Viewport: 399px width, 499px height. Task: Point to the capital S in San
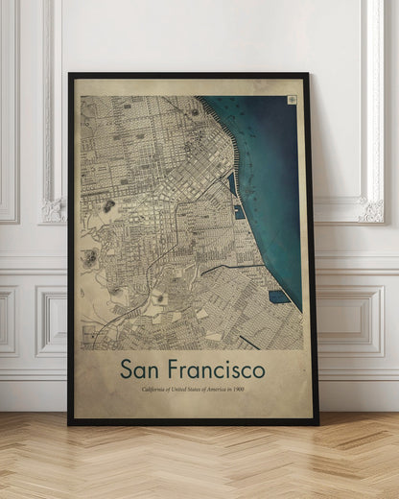click(x=126, y=369)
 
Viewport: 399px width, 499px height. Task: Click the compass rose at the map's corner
click(x=291, y=99)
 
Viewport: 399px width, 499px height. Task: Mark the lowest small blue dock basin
click(x=278, y=297)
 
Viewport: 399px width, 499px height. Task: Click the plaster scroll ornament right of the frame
click(x=370, y=209)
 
